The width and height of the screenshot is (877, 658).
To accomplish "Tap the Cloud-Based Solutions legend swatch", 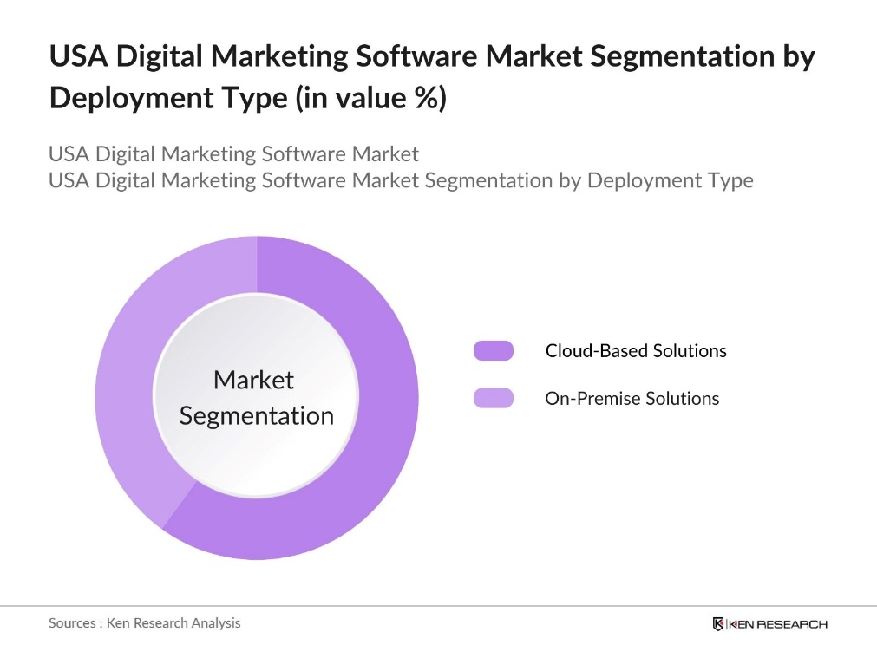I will click(x=494, y=350).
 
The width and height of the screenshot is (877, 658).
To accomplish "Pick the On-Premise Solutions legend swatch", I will click(x=494, y=398).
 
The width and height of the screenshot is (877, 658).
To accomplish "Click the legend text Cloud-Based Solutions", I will click(x=636, y=350).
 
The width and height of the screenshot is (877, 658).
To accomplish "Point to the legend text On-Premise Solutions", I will click(x=632, y=398).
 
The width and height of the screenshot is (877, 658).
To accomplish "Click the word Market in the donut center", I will click(x=253, y=380).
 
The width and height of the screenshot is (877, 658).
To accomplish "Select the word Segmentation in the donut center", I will click(x=256, y=415).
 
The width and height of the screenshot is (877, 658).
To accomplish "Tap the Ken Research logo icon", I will click(x=718, y=624).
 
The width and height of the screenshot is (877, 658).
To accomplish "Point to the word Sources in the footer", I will click(x=72, y=622).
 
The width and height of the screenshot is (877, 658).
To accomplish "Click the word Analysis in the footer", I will click(x=216, y=622).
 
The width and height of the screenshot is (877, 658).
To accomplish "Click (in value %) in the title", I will click(x=371, y=98).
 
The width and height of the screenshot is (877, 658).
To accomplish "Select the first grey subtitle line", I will click(x=233, y=153).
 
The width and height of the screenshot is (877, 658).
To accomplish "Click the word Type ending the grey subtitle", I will click(x=729, y=180).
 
